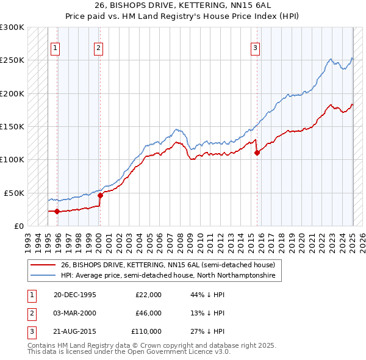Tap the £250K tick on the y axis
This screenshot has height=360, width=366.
pyautogui.click(x=12, y=60)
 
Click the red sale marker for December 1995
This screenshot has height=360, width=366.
pyautogui.click(x=57, y=212)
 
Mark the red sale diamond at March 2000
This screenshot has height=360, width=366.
pyautogui.click(x=100, y=196)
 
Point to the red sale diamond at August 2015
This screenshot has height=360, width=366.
pyautogui.click(x=257, y=153)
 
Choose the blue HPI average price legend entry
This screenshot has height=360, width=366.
pyautogui.click(x=168, y=276)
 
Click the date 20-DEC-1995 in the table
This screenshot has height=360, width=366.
pyautogui.click(x=75, y=295)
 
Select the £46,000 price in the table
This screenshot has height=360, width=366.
pyautogui.click(x=148, y=313)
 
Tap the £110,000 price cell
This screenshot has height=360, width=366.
pyautogui.click(x=146, y=331)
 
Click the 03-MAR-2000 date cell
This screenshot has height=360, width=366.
pyautogui.click(x=75, y=313)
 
